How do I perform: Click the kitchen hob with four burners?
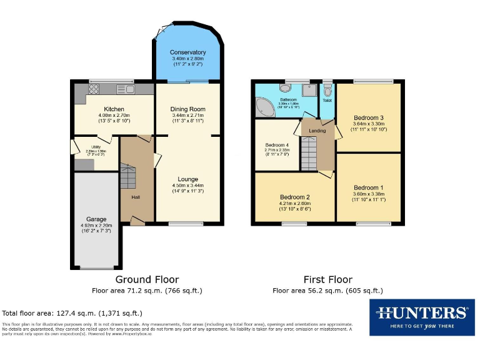click(94, 88)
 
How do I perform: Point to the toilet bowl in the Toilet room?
click(327, 91)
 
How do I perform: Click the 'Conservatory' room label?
click(188, 52)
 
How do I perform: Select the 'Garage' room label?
click(96, 219)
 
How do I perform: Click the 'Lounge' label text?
click(188, 179)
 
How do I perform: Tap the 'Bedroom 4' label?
click(277, 144)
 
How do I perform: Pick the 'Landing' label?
click(317, 131)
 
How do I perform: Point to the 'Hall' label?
click(136, 197)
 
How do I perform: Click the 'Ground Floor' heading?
click(147, 279)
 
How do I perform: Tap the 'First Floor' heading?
click(327, 279)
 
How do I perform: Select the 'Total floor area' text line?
click(72, 313)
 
